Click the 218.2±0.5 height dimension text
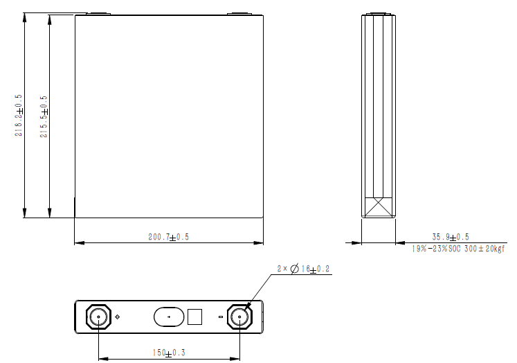(19, 115)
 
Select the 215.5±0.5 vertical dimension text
(44, 115)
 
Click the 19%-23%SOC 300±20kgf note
(459, 248)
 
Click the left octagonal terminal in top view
(99, 317)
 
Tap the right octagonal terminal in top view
(239, 317)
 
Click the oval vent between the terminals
(169, 317)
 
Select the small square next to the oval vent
(195, 317)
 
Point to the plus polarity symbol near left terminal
(117, 317)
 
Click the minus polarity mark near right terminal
(220, 317)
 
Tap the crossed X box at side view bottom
(379, 207)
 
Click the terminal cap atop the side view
(379, 13)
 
